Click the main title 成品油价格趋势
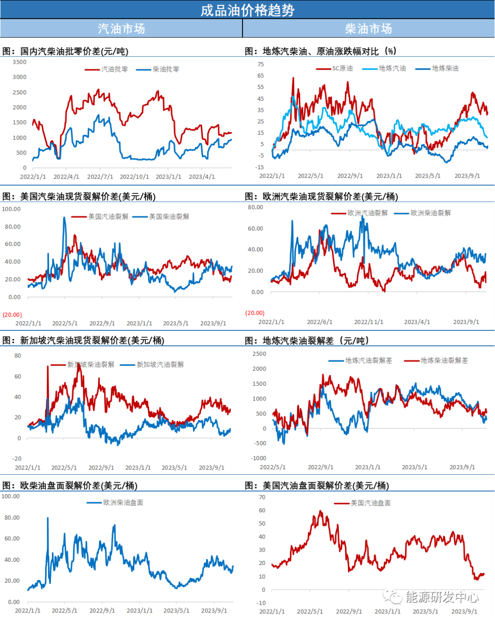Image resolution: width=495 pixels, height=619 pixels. (x=247, y=10)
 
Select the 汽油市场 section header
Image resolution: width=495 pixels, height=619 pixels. (x=121, y=29)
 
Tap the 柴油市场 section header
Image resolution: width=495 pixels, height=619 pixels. (x=368, y=29)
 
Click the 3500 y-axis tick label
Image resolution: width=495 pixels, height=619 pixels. (x=20, y=62)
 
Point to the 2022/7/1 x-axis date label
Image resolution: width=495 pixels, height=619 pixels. (x=100, y=177)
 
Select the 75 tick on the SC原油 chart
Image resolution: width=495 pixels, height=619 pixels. (x=261, y=64)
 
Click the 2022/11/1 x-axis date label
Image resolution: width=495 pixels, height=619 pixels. (x=368, y=322)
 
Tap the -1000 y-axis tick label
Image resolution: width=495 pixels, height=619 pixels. (x=258, y=458)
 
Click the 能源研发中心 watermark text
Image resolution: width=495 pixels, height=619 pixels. (x=441, y=597)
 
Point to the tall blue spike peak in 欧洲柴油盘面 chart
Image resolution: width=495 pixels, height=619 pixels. (x=48, y=518)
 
